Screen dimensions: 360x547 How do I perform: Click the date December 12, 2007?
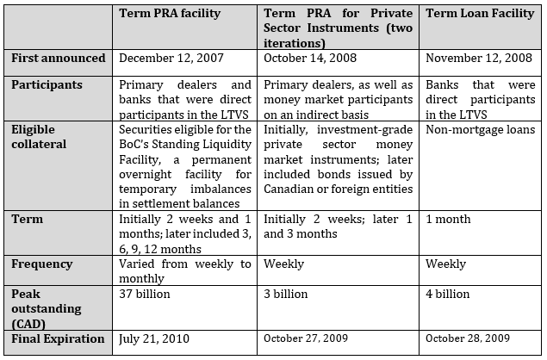[x=171, y=59]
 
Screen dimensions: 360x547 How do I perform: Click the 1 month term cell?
[x=448, y=220]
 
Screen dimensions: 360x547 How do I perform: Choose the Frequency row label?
[x=41, y=264]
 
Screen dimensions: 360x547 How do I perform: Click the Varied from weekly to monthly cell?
[x=185, y=271]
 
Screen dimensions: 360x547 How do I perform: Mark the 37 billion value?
[x=145, y=294]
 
